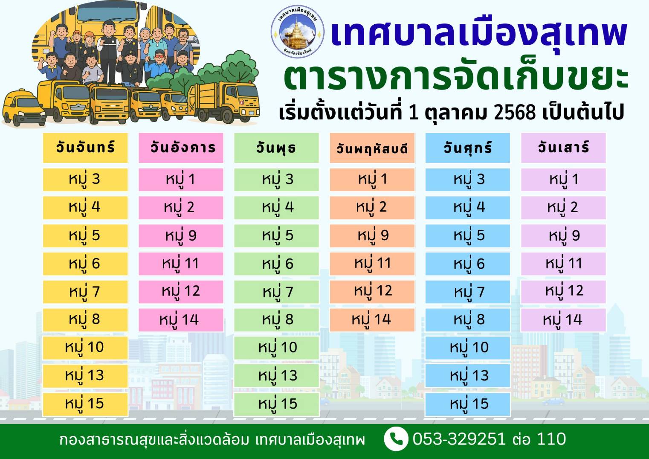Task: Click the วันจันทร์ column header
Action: [85, 148]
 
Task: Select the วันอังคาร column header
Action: [181, 148]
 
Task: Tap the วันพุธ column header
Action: [276, 148]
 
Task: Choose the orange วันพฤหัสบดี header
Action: [372, 148]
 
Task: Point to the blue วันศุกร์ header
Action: [467, 148]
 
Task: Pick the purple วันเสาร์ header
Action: [563, 148]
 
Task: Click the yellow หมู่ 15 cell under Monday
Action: [85, 404]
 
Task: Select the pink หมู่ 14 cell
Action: [181, 320]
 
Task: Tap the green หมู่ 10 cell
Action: [276, 347]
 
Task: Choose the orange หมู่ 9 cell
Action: [372, 235]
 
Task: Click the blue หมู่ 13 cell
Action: [467, 375]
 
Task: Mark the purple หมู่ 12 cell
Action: [563, 291]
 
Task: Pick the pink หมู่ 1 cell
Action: [181, 179]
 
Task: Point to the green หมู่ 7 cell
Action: [276, 292]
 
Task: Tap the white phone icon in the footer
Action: [396, 439]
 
